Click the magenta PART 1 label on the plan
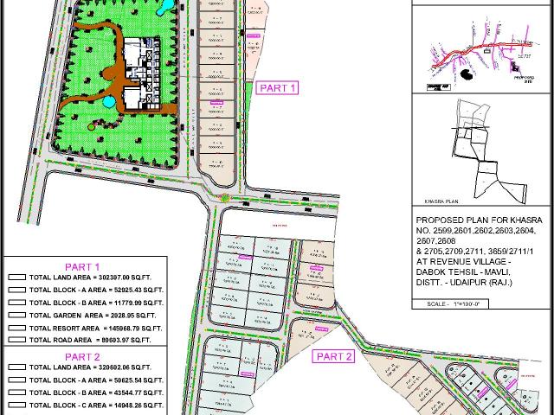click(x=280, y=87)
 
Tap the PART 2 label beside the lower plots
click(x=333, y=356)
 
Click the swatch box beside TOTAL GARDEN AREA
click(x=16, y=316)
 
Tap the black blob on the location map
click(x=467, y=75)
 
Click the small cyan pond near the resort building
click(x=107, y=102)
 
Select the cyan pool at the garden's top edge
click(x=164, y=6)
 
